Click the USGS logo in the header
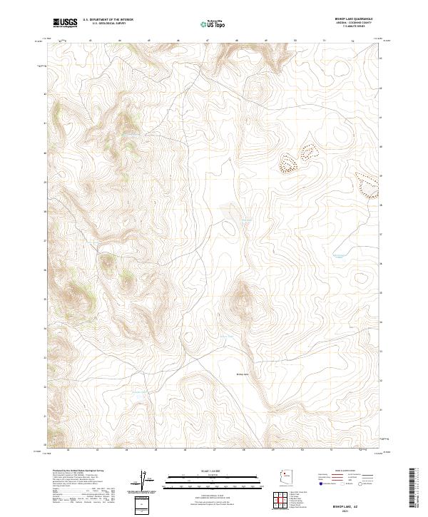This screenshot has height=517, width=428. pyautogui.click(x=66, y=23)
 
